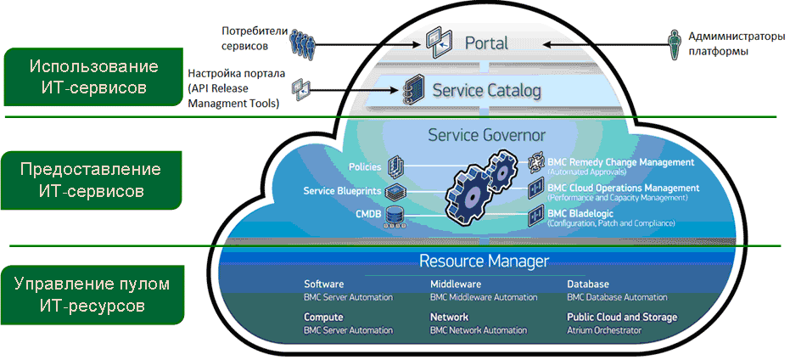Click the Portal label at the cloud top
click(x=486, y=42)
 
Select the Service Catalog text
click(x=486, y=90)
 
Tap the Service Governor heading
click(x=486, y=134)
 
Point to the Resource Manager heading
click(x=485, y=261)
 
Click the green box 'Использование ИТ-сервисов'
click(x=93, y=76)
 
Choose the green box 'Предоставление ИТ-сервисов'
click(x=93, y=180)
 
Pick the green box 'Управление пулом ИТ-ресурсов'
click(x=93, y=294)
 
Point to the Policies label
click(x=366, y=166)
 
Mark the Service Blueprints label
click(x=343, y=190)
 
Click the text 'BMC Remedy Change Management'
click(x=621, y=162)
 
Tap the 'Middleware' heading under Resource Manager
click(x=457, y=284)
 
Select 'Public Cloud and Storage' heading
click(x=622, y=317)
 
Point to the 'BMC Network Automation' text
click(x=478, y=329)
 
